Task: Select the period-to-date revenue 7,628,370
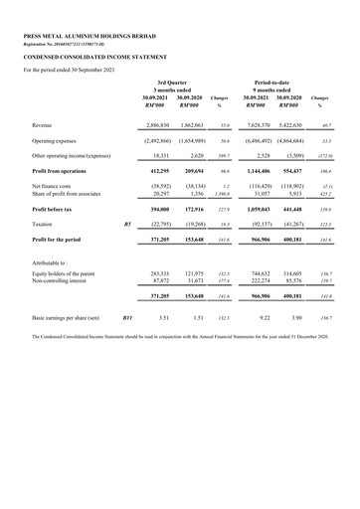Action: point(256,125)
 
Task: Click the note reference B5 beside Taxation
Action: point(126,225)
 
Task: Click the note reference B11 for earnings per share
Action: point(126,317)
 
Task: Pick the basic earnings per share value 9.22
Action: point(264,317)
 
